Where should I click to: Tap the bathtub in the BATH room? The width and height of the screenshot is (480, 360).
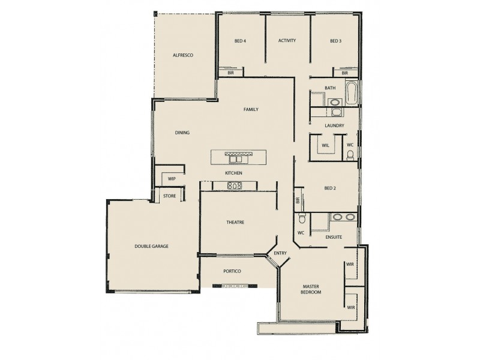coord(352,93)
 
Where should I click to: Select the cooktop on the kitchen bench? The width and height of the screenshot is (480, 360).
coord(235,186)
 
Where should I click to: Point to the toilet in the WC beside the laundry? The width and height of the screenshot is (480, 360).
coord(350,155)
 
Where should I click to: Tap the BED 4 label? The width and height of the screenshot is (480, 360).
coord(241,41)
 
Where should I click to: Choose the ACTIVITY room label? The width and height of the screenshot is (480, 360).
coord(287,41)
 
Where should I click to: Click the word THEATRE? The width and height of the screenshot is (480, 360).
coord(235,223)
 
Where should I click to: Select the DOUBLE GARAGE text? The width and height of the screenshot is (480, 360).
coord(151,247)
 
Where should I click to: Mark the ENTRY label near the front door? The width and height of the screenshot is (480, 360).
coord(280,254)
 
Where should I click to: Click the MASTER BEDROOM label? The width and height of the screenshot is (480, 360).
coord(311,289)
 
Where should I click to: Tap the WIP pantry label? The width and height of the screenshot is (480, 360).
coord(171,179)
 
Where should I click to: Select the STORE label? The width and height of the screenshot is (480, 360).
coord(170,196)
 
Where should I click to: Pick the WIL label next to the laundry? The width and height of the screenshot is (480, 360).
coord(326,145)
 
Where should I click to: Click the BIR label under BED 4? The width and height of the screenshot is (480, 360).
coord(230,73)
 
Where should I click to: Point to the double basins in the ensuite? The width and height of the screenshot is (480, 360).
coord(344,217)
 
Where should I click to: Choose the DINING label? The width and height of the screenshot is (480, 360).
coord(182,133)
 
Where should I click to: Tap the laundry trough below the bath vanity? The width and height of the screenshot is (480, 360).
coord(335,112)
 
